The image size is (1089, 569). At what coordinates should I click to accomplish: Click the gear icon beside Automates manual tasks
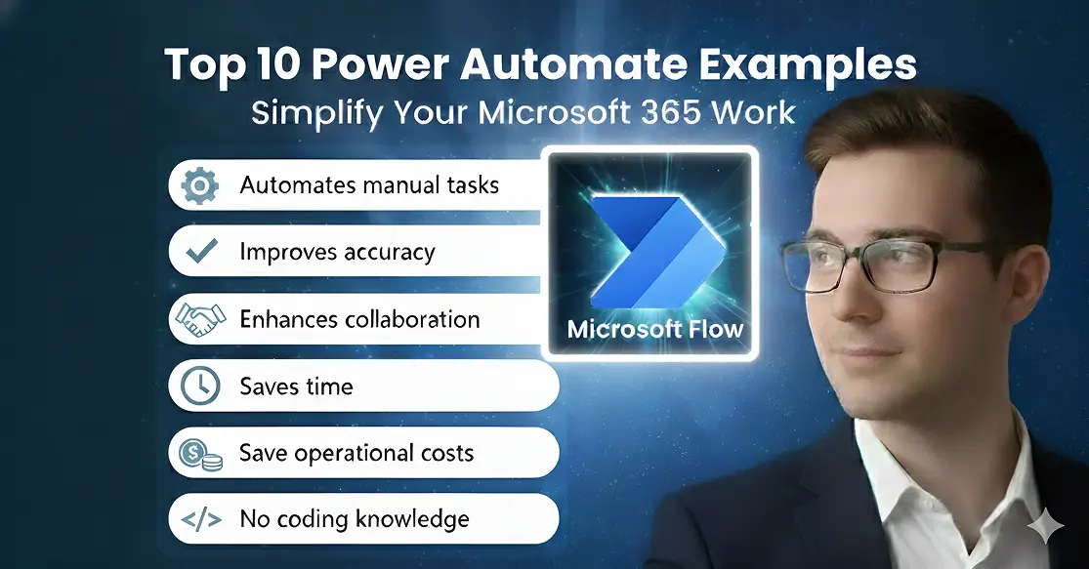click(199, 185)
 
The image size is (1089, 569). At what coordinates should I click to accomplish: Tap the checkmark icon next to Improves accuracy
click(200, 253)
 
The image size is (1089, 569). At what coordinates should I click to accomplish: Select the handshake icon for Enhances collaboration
click(199, 319)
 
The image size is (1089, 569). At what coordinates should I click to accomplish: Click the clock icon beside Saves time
click(199, 386)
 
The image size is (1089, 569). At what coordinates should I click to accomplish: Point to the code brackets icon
click(199, 519)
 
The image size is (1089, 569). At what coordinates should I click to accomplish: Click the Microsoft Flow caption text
click(654, 328)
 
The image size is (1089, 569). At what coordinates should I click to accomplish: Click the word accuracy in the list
click(385, 253)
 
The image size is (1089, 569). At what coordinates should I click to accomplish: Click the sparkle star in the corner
click(1050, 527)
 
